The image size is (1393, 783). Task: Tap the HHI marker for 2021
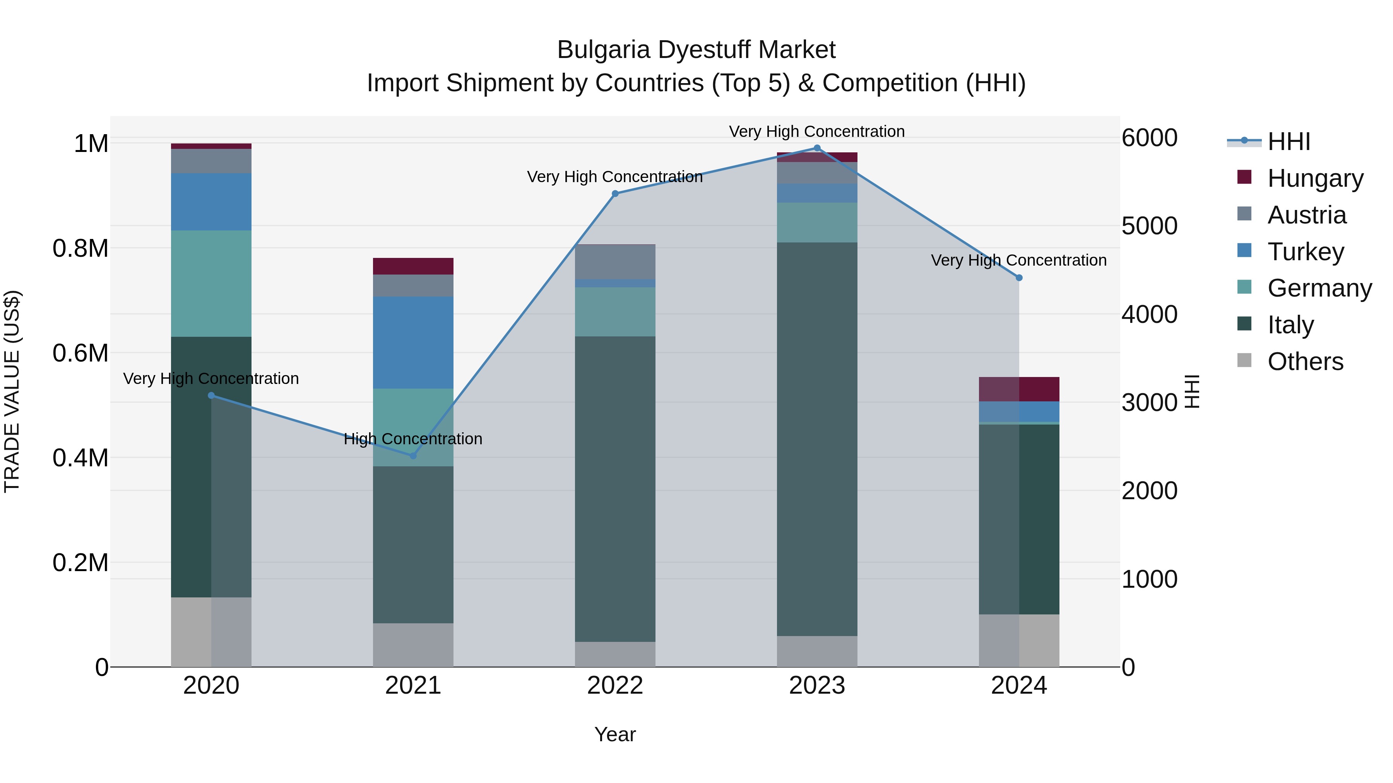pyautogui.click(x=413, y=455)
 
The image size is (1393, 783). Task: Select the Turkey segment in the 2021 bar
pyautogui.click(x=413, y=342)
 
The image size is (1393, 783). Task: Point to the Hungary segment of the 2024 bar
pyautogui.click(x=1019, y=389)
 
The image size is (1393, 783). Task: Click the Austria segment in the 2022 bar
pyautogui.click(x=615, y=261)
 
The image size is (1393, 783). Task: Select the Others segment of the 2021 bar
pyautogui.click(x=413, y=645)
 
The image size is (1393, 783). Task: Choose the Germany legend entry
pyautogui.click(x=1319, y=288)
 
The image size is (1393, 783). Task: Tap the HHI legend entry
pyautogui.click(x=1288, y=142)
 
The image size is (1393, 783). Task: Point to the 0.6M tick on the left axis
pyautogui.click(x=80, y=353)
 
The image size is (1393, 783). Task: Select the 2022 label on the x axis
pyautogui.click(x=615, y=686)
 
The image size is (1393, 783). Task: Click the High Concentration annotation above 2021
pyautogui.click(x=413, y=439)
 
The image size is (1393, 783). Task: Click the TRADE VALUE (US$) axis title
pyautogui.click(x=12, y=391)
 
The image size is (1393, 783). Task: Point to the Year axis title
pyautogui.click(x=615, y=734)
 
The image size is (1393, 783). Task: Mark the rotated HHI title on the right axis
pyautogui.click(x=1191, y=391)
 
